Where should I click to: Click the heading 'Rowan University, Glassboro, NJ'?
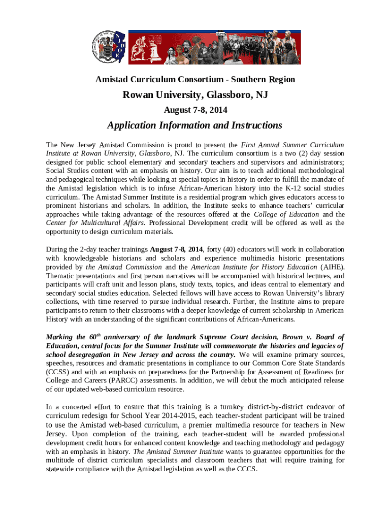[x=195, y=95]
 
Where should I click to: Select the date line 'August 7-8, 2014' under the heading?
[x=195, y=110]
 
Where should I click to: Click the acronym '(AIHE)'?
[x=331, y=267]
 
